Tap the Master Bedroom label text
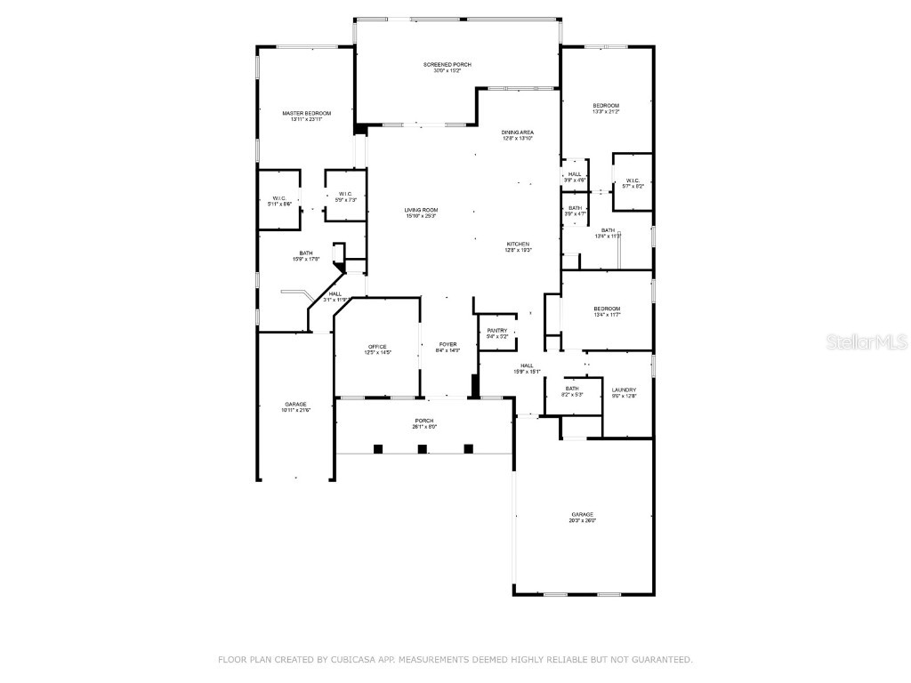[x=306, y=114]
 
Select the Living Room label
[x=421, y=210]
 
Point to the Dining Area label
[x=517, y=133]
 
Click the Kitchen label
[x=519, y=244]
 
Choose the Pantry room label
[x=497, y=330]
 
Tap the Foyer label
[x=447, y=344]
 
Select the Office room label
[x=378, y=346]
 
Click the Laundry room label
[x=624, y=390]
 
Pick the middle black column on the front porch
[x=423, y=449]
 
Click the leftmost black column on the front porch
[x=378, y=449]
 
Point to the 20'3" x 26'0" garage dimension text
[x=583, y=520]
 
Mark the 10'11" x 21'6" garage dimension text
[x=294, y=410]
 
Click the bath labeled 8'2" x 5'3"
[x=571, y=391]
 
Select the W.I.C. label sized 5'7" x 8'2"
[x=633, y=182]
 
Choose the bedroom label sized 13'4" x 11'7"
[x=607, y=311]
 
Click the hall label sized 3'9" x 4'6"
[x=575, y=177]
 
